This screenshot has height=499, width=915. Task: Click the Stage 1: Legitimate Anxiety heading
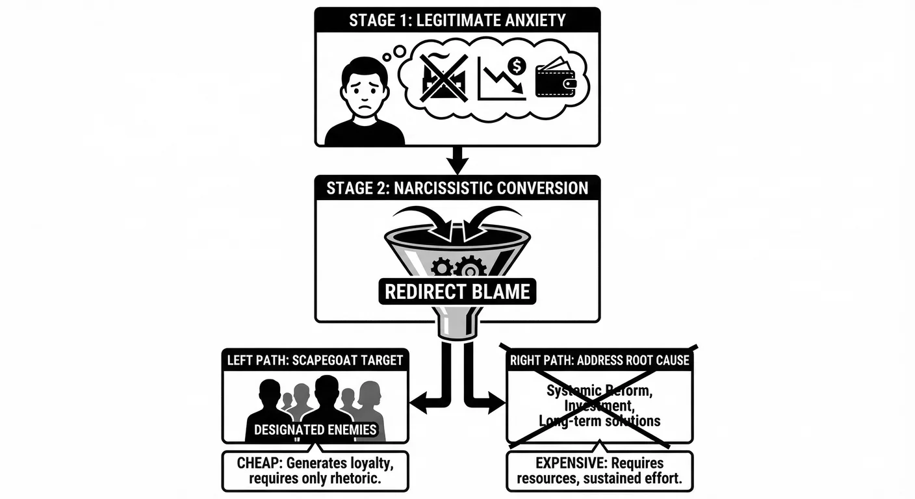pos(457,20)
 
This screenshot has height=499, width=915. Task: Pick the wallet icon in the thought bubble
pos(556,80)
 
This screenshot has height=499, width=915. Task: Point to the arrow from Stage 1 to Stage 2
pos(457,160)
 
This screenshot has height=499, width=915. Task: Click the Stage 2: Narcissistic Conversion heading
pos(457,188)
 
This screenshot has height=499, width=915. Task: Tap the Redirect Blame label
pos(457,292)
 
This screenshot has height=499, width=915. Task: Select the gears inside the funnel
pos(458,266)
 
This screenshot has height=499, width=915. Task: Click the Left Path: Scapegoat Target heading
pos(315,360)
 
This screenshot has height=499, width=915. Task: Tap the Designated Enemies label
pos(315,429)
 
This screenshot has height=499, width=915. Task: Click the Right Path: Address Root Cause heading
pos(599,360)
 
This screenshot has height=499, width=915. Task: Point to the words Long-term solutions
pos(599,421)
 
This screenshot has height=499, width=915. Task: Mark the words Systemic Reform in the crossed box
pos(599,391)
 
